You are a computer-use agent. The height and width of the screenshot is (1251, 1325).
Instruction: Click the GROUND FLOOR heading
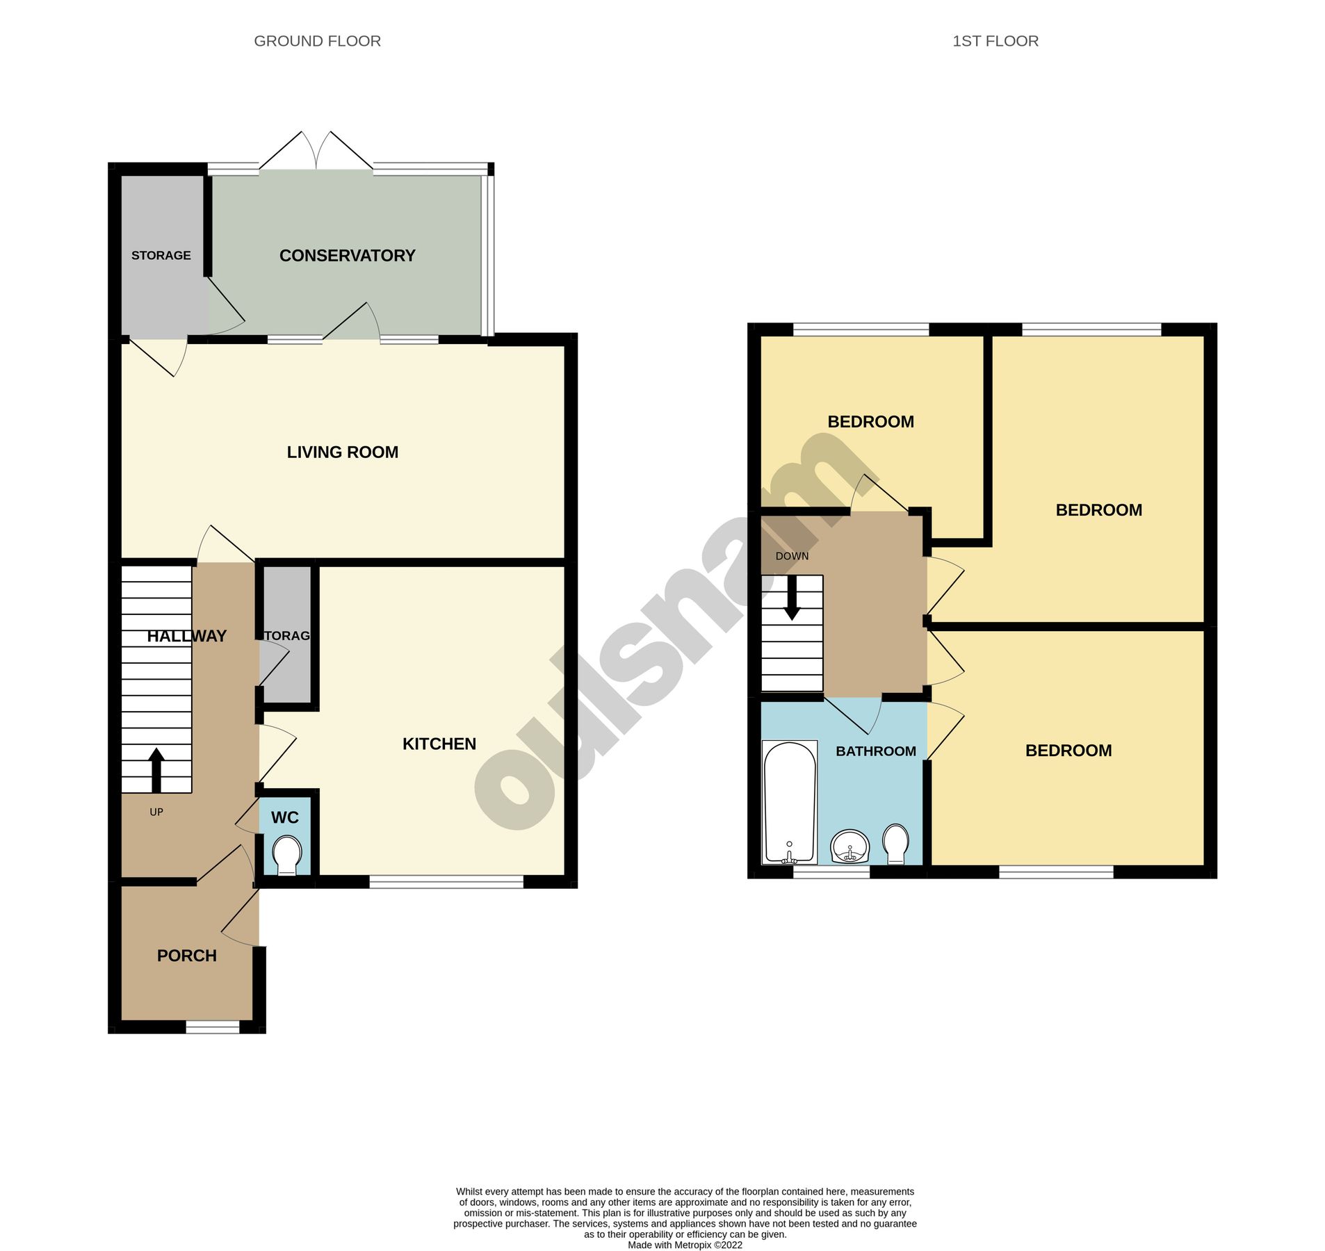pyautogui.click(x=317, y=41)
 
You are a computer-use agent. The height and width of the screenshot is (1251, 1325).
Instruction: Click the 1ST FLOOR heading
pyautogui.click(x=995, y=41)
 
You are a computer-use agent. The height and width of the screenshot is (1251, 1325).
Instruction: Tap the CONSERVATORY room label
pyautogui.click(x=347, y=256)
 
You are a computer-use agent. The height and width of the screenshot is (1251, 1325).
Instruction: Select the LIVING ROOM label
pyautogui.click(x=342, y=452)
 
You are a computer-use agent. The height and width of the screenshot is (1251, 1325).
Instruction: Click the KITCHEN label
pyautogui.click(x=439, y=744)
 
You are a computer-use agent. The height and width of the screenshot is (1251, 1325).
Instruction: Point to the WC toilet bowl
pyautogui.click(x=287, y=854)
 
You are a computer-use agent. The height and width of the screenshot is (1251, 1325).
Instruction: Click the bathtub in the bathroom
pyautogui.click(x=789, y=802)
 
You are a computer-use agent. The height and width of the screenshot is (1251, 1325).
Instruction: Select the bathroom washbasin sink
pyautogui.click(x=849, y=847)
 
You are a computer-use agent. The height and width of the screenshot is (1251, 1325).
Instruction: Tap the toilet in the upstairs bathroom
pyautogui.click(x=895, y=842)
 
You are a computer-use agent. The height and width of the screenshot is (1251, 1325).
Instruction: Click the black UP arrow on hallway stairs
pyautogui.click(x=156, y=770)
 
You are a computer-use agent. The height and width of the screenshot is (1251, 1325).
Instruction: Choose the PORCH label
pyautogui.click(x=186, y=956)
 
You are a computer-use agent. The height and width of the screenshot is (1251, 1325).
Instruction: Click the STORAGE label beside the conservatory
pyautogui.click(x=161, y=256)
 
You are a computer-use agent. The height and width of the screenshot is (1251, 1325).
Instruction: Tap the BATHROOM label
pyautogui.click(x=875, y=751)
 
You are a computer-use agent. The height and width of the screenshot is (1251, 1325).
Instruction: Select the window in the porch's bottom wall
pyautogui.click(x=212, y=1027)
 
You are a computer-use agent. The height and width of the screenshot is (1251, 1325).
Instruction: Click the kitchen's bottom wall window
pyautogui.click(x=446, y=882)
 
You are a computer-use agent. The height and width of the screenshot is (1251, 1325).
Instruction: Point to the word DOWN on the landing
pyautogui.click(x=792, y=556)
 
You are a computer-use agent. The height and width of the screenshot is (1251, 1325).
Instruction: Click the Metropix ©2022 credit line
pyautogui.click(x=684, y=1245)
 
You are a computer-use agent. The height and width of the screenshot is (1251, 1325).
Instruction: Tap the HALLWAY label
pyautogui.click(x=186, y=636)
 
